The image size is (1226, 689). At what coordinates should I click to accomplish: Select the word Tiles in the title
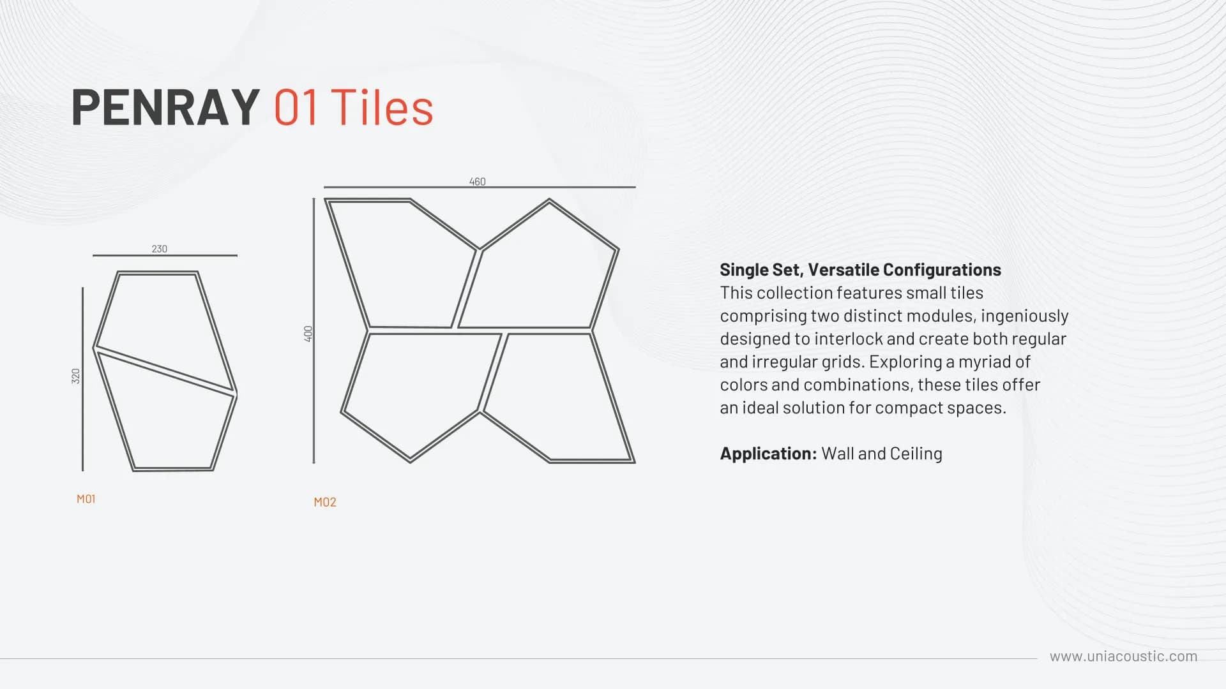click(382, 107)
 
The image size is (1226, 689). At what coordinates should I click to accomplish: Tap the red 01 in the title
click(296, 107)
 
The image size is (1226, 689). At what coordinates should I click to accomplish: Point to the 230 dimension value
click(160, 249)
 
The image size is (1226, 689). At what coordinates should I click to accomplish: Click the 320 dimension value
click(76, 376)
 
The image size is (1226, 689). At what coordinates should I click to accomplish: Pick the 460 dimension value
click(478, 182)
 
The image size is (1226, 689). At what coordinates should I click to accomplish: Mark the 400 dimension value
click(308, 334)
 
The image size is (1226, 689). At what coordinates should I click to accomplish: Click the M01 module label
click(86, 499)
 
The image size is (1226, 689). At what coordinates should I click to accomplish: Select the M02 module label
click(325, 502)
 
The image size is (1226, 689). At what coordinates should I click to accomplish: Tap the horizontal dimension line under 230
click(165, 255)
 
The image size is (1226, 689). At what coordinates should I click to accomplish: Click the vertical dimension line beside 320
click(82, 379)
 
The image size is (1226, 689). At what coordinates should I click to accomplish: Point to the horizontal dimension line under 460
click(480, 187)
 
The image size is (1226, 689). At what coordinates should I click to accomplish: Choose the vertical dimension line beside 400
click(314, 330)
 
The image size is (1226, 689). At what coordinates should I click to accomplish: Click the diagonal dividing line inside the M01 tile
click(165, 371)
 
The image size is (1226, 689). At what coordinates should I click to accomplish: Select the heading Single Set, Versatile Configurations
click(860, 270)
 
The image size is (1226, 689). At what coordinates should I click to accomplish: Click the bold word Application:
click(768, 454)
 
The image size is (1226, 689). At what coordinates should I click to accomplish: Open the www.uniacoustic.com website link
click(1124, 656)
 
